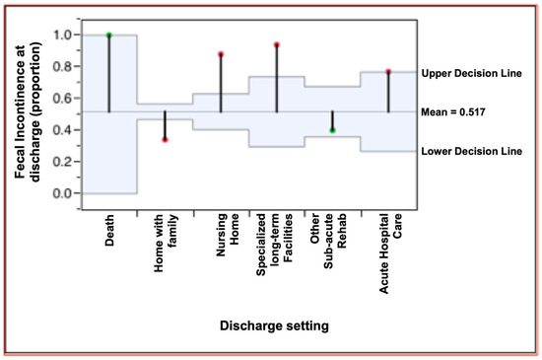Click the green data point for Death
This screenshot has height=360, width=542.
108,35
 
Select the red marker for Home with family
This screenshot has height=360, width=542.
165,139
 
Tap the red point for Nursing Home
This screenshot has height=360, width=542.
221,54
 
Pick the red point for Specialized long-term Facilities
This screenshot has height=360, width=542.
277,44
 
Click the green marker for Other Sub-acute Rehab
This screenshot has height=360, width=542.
333,130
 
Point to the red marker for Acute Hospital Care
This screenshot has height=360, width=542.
388,71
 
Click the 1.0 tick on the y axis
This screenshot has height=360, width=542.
62,35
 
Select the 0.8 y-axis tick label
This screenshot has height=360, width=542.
62,66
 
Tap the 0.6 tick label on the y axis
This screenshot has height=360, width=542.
62,98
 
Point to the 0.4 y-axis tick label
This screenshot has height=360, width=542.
62,129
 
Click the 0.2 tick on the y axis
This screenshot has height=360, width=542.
62,161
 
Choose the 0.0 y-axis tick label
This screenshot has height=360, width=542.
62,193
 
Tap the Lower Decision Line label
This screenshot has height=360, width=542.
471,151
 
